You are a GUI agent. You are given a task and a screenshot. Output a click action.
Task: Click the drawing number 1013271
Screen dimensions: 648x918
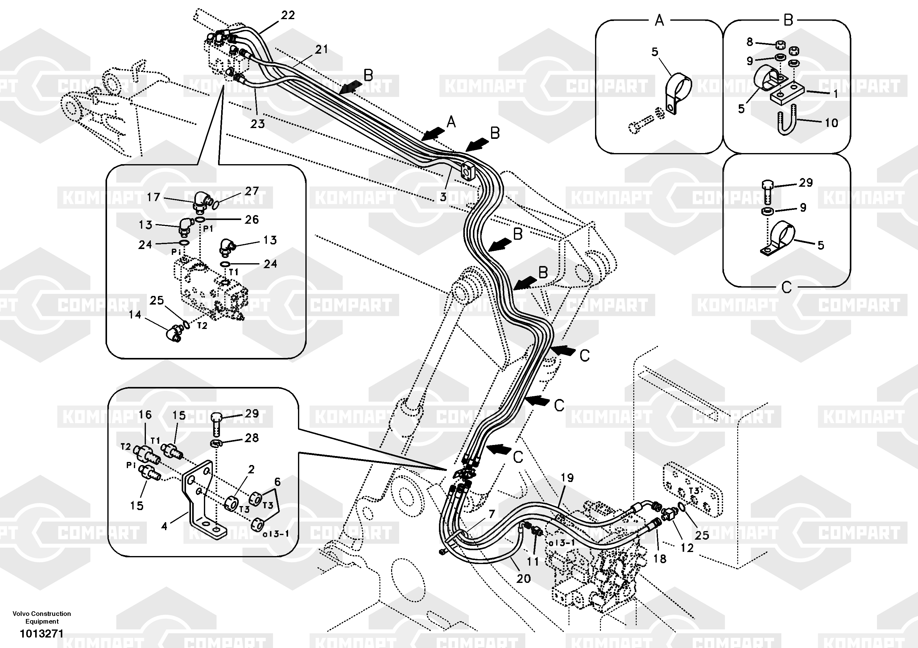tap(42, 633)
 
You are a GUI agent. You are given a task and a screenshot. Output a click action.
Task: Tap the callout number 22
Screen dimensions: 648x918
tap(288, 15)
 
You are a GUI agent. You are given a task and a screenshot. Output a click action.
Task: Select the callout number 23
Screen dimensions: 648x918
tap(258, 124)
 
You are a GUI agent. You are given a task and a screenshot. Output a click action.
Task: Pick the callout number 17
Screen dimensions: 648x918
tap(153, 197)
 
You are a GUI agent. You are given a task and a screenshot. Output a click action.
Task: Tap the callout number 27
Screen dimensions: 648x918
tap(252, 191)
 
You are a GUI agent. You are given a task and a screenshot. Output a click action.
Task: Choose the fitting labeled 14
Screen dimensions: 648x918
tap(174, 333)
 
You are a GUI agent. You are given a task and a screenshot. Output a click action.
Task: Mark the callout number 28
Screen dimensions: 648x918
tap(251, 438)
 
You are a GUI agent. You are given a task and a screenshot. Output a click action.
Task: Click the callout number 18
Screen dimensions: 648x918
tap(660, 559)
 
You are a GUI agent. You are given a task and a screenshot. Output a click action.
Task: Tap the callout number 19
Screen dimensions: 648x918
tap(567, 478)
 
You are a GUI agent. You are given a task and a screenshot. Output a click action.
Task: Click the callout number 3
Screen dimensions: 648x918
tap(443, 197)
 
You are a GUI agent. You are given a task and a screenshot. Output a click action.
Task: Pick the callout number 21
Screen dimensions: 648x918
tap(321, 49)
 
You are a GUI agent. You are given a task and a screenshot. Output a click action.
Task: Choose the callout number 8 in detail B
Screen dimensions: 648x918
tap(750, 42)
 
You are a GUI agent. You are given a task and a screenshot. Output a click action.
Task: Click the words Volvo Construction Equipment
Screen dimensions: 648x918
tap(42, 617)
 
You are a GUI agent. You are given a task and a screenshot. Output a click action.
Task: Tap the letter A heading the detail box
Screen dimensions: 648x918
tap(659, 20)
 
